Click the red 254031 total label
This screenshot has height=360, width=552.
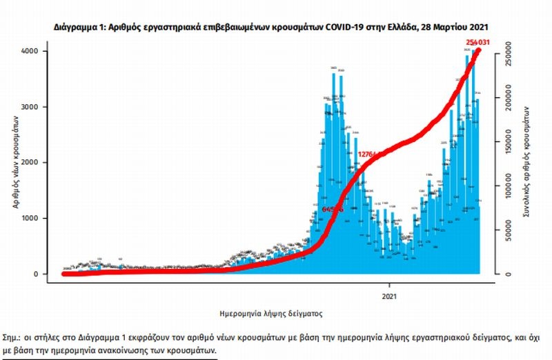(482, 43)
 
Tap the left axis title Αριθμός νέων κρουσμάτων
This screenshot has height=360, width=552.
(14, 163)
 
